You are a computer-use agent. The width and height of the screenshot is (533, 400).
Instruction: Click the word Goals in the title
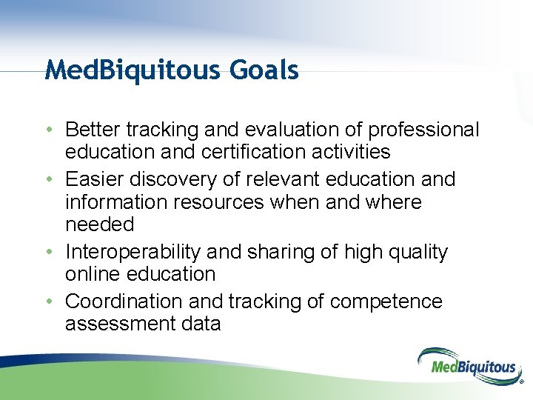pyautogui.click(x=264, y=70)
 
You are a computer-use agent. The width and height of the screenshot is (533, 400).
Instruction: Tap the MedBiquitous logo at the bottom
pyautogui.click(x=467, y=365)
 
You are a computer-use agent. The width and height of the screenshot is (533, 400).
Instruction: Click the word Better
pyautogui.click(x=93, y=130)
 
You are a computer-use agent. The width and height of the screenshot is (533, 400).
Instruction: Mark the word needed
pyautogui.click(x=100, y=224)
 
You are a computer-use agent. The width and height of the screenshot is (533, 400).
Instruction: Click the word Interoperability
pyautogui.click(x=133, y=252)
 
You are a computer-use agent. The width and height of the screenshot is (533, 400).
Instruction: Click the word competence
pyautogui.click(x=386, y=301)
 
